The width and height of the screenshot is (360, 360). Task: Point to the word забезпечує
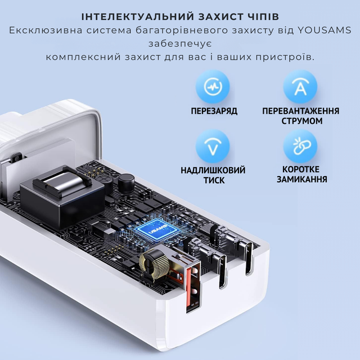tap(180, 44)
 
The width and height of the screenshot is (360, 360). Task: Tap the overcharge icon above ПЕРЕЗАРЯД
tap(213, 87)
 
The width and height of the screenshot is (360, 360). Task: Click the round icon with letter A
tap(300, 87)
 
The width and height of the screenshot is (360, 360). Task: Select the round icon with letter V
tap(213, 146)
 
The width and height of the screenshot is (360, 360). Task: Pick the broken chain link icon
tap(300, 146)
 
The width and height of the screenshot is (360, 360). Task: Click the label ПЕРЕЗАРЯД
tap(214, 111)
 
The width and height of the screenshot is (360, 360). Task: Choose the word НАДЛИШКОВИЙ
tap(213, 170)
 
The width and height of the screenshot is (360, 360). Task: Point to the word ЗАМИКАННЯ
tap(301, 179)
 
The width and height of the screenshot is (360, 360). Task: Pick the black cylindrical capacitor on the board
tap(126, 181)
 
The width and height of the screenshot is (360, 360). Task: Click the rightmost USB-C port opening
tap(249, 258)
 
